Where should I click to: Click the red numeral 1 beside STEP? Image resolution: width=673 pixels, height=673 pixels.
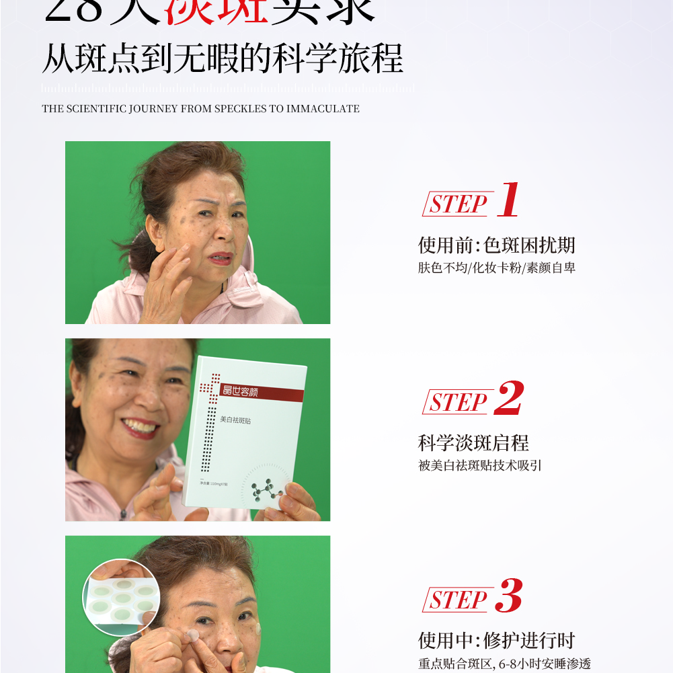tap(509, 200)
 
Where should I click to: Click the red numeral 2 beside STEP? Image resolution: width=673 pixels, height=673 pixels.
tap(509, 398)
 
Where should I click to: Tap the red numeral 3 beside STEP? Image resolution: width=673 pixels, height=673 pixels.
tap(509, 596)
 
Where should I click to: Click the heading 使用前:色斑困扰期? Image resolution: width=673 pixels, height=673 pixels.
tap(496, 245)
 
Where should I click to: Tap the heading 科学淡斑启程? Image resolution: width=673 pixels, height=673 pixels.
tap(473, 443)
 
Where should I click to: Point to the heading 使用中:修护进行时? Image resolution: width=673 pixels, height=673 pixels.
tap(496, 641)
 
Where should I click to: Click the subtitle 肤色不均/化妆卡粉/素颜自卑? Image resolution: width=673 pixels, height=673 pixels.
tap(496, 268)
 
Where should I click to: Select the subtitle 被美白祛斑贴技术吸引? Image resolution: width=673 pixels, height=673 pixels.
tap(479, 465)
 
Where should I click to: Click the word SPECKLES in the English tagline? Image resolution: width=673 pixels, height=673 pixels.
tap(241, 109)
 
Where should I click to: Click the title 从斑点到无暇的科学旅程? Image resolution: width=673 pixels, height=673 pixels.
tap(223, 60)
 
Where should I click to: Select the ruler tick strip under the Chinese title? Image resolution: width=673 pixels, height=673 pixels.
tap(227, 88)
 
